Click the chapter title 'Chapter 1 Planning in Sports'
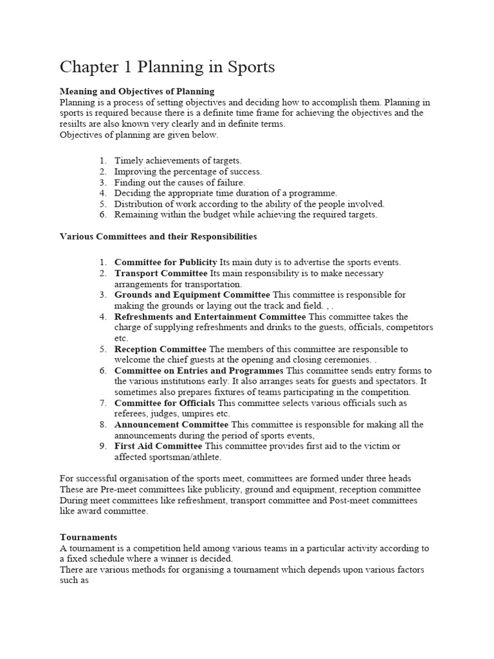(x=167, y=67)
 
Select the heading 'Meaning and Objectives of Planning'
(x=137, y=91)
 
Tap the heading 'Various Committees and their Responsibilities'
(x=158, y=236)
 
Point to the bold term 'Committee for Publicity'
(x=166, y=262)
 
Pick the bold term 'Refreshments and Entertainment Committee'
(x=210, y=317)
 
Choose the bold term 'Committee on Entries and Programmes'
(x=199, y=371)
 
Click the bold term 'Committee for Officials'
(x=165, y=403)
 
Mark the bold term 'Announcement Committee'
(x=171, y=425)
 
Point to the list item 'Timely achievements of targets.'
(x=178, y=160)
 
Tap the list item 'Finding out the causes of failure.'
(x=179, y=182)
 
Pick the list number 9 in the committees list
(x=102, y=446)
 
